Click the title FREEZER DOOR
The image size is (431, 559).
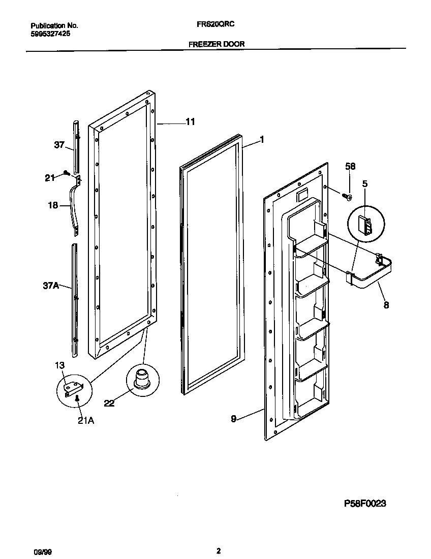[x=217, y=44]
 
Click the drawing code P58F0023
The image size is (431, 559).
[x=365, y=503]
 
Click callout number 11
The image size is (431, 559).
[x=190, y=122]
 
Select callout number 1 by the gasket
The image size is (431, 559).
[x=262, y=139]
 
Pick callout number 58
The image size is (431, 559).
[x=350, y=166]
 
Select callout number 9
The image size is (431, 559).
[x=234, y=419]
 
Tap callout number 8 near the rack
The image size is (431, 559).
[x=386, y=305]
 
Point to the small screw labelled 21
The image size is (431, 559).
[x=66, y=173]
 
